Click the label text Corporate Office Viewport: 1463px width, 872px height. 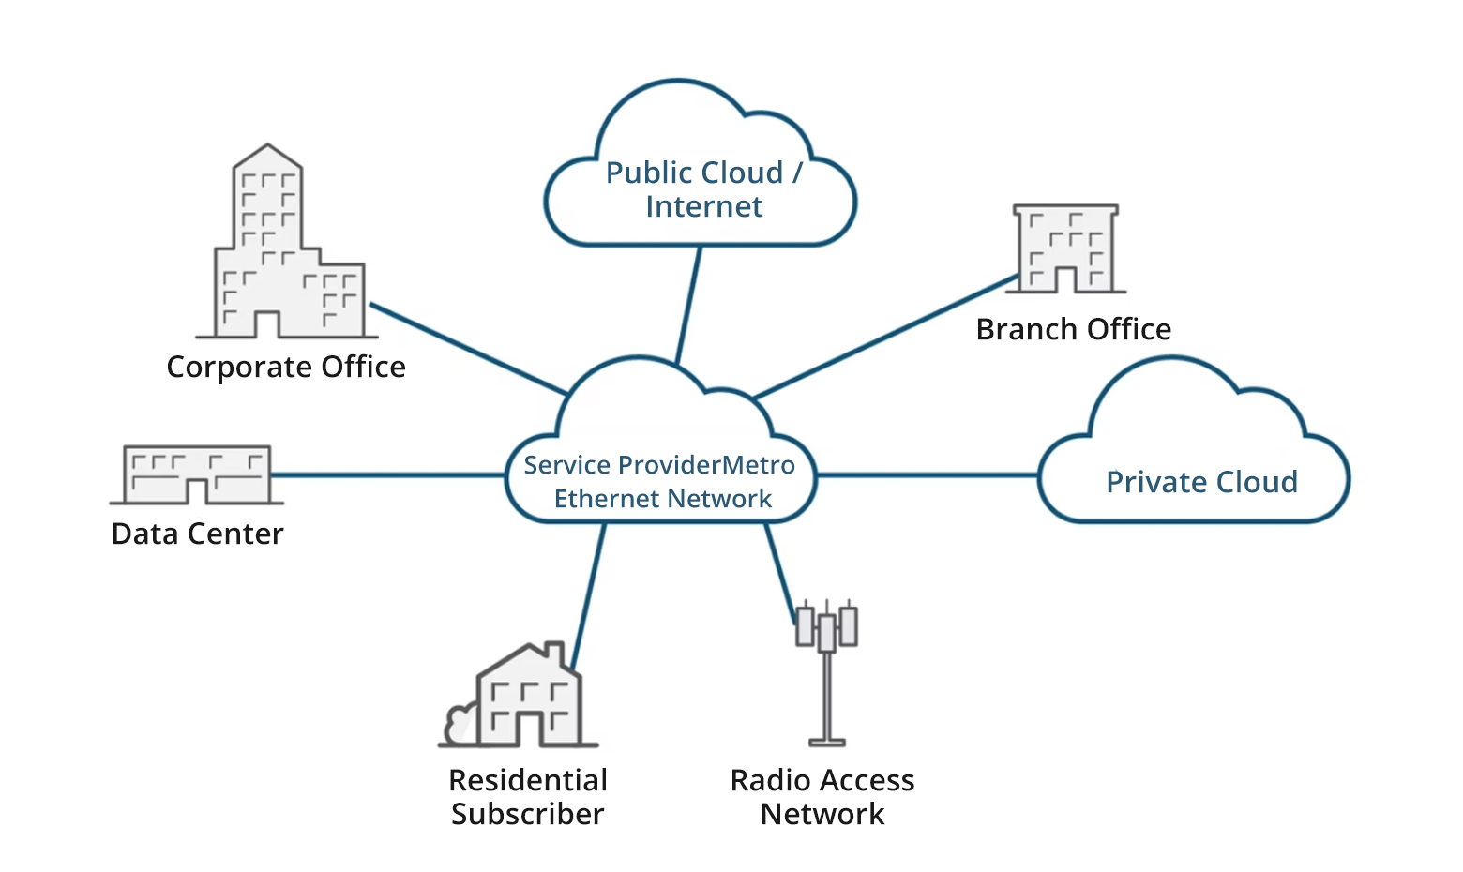point(286,367)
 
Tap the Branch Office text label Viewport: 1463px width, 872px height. point(1073,329)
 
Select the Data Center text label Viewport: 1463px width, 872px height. point(197,534)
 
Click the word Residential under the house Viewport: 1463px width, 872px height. point(528,780)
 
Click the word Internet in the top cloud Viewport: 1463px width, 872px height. point(703,206)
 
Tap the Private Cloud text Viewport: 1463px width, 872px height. point(1201,482)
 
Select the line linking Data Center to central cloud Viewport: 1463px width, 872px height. point(389,475)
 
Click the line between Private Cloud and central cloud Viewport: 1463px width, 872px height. point(927,475)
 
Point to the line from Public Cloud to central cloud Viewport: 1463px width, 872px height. point(688,305)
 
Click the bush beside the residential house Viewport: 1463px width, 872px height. point(460,725)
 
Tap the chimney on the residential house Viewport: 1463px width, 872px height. point(554,653)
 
